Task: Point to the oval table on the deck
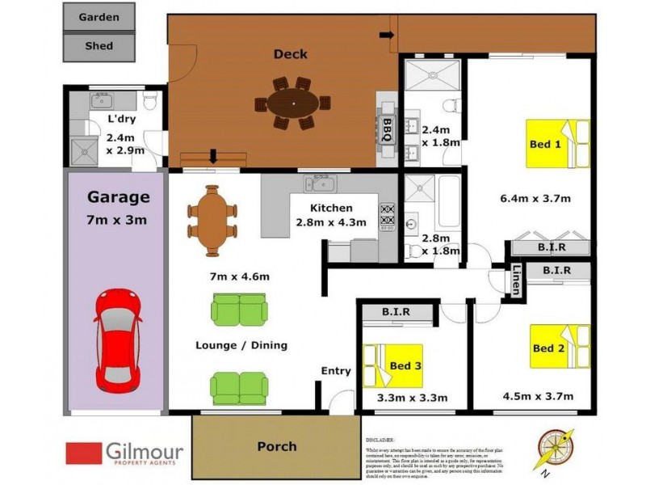[292, 103]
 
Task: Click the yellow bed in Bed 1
[557, 144]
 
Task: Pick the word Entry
[336, 371]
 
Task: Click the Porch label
[276, 446]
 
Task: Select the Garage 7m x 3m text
[118, 206]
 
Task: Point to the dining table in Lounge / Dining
[212, 221]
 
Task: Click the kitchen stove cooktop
[387, 216]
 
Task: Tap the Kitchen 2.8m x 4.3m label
[330, 215]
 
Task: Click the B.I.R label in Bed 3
[396, 310]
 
